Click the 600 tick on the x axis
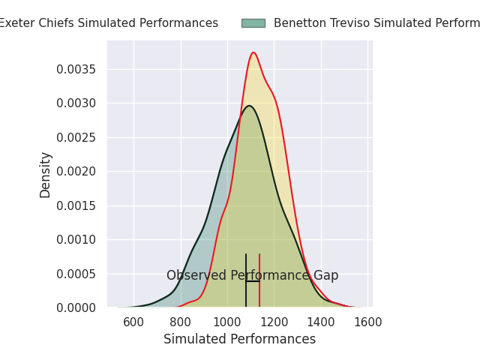(x=133, y=322)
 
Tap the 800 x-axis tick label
(x=181, y=322)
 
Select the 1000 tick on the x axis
(x=227, y=322)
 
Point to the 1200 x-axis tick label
(x=274, y=322)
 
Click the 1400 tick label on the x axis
(x=321, y=322)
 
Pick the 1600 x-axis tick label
(x=368, y=322)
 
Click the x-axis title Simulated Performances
(x=239, y=340)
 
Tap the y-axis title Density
(x=46, y=175)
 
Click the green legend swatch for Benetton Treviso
(x=253, y=23)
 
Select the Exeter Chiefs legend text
(x=108, y=23)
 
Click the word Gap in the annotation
(x=325, y=276)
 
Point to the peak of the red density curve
(x=253, y=52)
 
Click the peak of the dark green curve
(x=249, y=106)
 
